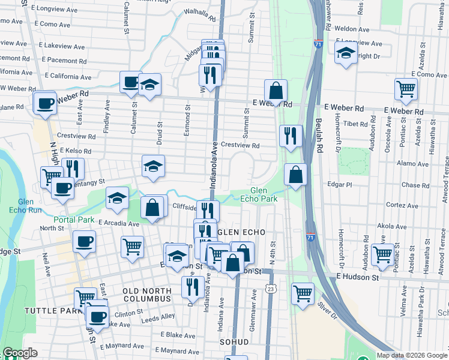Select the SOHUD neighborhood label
tap(234, 341)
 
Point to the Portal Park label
tap(74, 220)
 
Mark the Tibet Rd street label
tap(355, 123)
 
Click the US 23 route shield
tap(271, 289)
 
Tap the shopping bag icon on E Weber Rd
tap(276, 91)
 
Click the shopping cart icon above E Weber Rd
tap(406, 89)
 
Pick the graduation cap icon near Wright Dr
tap(346, 54)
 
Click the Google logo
tap(20, 353)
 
